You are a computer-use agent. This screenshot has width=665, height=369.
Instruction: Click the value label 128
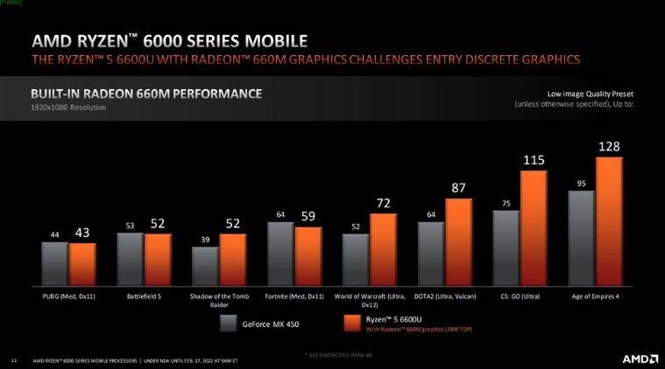point(610,147)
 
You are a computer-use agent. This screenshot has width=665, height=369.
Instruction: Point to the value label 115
point(534,160)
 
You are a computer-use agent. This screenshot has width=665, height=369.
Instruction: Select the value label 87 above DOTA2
point(458,188)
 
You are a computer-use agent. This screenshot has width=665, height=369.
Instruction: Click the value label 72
point(383,203)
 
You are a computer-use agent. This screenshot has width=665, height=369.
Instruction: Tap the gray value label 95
point(581,183)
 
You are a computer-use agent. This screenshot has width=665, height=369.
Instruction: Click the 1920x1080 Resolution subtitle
point(68,108)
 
